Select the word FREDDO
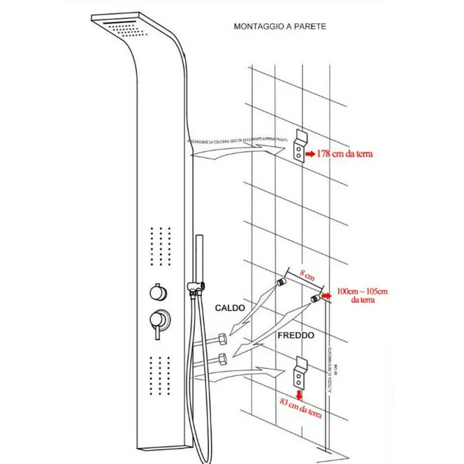click(x=295, y=335)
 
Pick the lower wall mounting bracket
click(x=300, y=371)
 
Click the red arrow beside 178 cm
click(x=310, y=155)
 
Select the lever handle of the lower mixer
click(x=157, y=332)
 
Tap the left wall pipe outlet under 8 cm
click(x=281, y=283)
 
